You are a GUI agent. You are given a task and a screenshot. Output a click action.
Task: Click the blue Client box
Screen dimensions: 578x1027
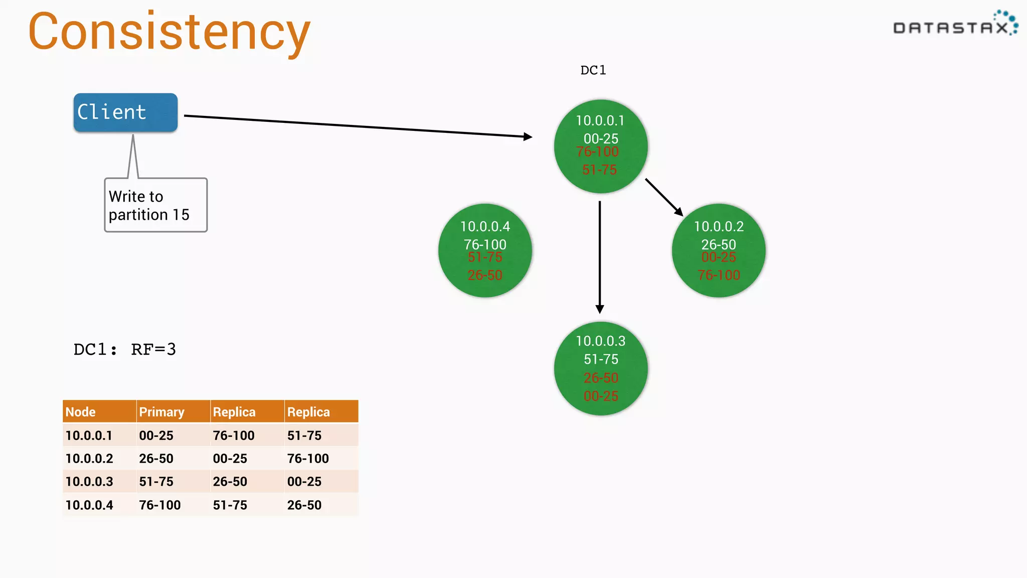tap(125, 112)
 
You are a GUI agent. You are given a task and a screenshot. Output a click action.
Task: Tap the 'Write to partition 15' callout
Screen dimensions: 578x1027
tap(155, 205)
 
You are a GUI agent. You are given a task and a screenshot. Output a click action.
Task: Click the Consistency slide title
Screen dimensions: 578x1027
tap(169, 32)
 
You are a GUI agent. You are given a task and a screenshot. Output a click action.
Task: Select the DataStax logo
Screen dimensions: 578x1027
tap(955, 25)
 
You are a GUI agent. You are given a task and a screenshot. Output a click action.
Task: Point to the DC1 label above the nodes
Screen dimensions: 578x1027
tap(593, 70)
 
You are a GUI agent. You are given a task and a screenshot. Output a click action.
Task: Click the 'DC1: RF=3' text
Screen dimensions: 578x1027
tap(124, 349)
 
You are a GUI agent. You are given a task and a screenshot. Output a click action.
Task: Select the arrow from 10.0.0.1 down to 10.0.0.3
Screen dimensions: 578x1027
tap(600, 256)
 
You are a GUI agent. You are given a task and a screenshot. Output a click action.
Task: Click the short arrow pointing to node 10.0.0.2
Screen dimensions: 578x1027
tap(663, 197)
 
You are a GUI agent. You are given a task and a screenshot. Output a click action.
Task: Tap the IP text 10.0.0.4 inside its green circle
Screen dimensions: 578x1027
tap(485, 227)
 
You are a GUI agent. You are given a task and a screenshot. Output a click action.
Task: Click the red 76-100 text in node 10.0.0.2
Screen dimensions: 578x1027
tap(719, 275)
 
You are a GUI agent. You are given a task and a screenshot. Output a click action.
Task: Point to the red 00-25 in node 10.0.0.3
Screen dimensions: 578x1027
tap(601, 396)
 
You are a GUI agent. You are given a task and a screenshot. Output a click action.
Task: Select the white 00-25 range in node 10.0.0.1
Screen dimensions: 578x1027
tap(601, 138)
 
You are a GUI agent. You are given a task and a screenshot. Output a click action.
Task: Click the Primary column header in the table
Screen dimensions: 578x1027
tap(161, 412)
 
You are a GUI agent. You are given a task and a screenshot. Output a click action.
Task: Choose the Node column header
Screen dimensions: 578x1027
tap(81, 412)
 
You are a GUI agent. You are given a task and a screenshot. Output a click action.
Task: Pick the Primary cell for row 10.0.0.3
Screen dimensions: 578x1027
tap(156, 482)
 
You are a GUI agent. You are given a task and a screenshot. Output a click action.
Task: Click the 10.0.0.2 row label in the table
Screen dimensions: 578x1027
tap(89, 459)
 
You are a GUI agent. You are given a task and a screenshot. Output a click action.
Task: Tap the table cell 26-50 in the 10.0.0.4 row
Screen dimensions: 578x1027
tap(304, 505)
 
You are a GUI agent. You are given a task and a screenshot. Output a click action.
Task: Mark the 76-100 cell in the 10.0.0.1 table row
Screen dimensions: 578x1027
tap(234, 436)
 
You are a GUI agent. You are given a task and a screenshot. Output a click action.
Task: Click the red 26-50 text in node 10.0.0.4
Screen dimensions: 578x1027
tap(485, 275)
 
